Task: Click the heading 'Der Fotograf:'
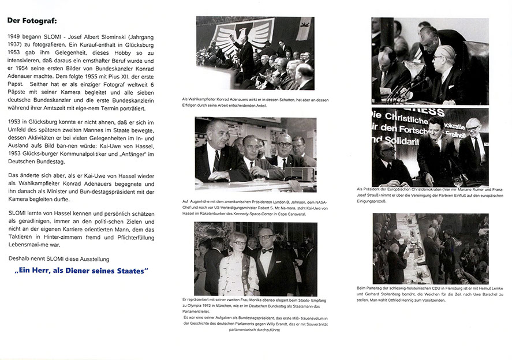tap(32, 21)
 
